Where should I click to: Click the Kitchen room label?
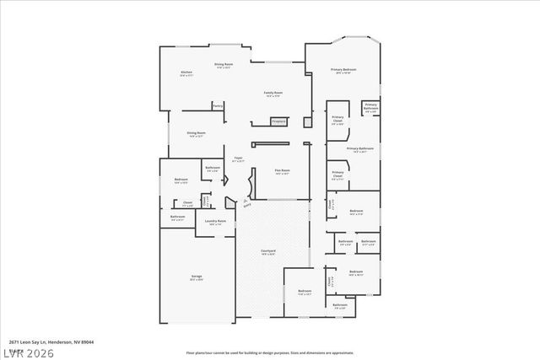(x=186, y=73)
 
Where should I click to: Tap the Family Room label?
(x=273, y=93)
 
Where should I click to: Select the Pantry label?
(x=218, y=105)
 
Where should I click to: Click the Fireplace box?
(x=278, y=121)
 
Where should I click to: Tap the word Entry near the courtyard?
(x=246, y=201)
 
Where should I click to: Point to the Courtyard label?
(x=268, y=251)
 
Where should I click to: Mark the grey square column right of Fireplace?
(x=308, y=122)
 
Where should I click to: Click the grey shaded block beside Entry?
(x=229, y=202)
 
